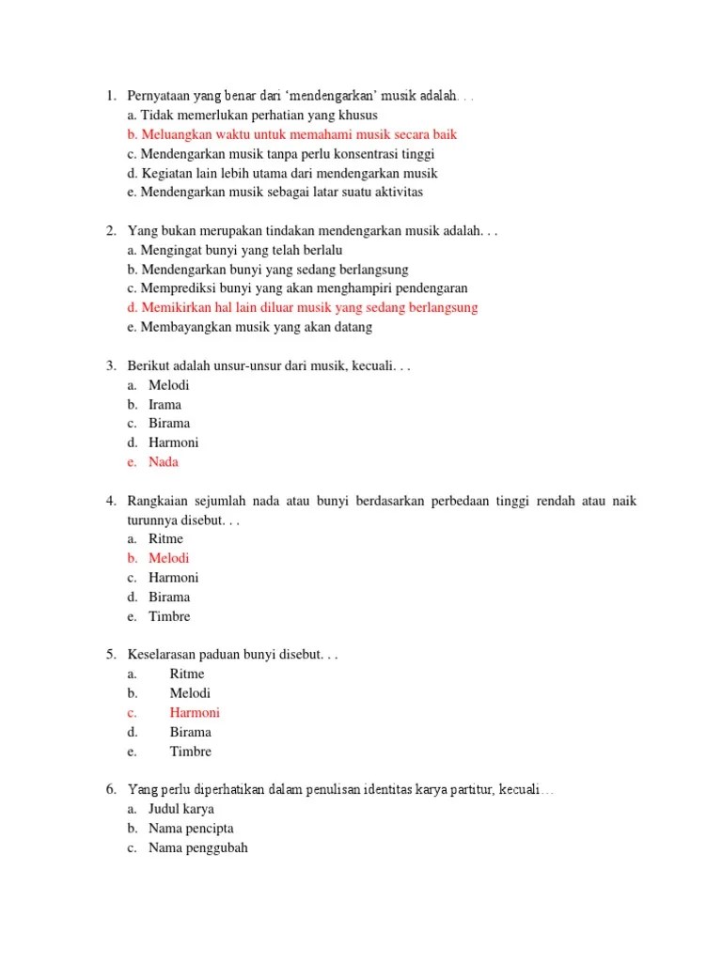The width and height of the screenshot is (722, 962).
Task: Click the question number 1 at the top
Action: pos(110,96)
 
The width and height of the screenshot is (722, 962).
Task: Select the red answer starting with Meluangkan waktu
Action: pos(291,134)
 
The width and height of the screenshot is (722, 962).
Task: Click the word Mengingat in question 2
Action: pos(170,250)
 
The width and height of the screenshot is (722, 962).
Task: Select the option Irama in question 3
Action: pos(165,404)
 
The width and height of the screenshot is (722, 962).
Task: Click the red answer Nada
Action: pos(163,462)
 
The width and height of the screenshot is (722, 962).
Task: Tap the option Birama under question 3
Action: pos(169,423)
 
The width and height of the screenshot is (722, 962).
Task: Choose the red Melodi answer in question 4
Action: pos(168,558)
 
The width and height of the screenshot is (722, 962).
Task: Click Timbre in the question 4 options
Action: pos(169,616)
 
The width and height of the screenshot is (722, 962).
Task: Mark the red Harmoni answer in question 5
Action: pos(195,712)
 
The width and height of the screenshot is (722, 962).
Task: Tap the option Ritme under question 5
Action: pos(187,674)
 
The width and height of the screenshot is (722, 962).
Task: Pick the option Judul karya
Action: pos(180,809)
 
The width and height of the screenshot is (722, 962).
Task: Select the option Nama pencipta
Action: pos(191,829)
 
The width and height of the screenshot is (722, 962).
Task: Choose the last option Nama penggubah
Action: pos(197,847)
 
